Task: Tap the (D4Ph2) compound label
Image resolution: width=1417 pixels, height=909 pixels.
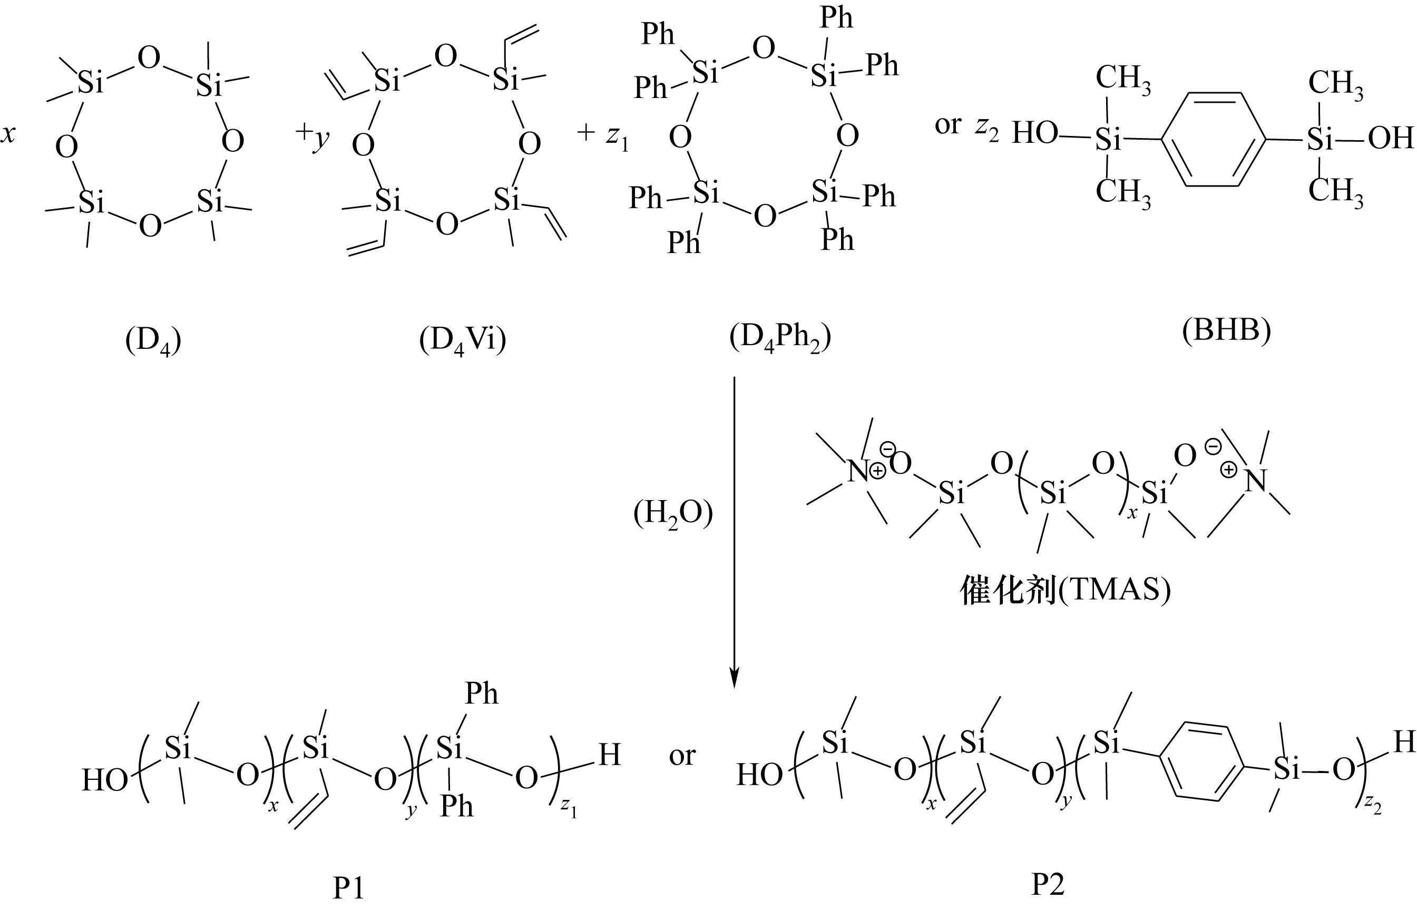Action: click(x=780, y=338)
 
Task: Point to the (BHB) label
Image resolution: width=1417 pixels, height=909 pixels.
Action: click(x=1226, y=330)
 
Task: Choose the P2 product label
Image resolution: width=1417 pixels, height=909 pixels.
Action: click(x=1048, y=884)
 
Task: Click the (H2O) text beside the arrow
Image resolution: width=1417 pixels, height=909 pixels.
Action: click(x=673, y=514)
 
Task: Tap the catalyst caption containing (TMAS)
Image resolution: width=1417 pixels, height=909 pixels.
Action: click(x=1066, y=590)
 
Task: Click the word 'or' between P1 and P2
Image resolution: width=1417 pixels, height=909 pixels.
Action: click(x=682, y=756)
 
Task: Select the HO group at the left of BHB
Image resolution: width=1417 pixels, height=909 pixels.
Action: click(x=1034, y=133)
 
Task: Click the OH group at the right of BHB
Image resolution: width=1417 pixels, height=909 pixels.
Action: click(x=1391, y=138)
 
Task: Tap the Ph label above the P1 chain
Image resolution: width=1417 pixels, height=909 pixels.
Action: click(x=482, y=693)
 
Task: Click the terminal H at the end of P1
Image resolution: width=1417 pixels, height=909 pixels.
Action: click(x=610, y=755)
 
